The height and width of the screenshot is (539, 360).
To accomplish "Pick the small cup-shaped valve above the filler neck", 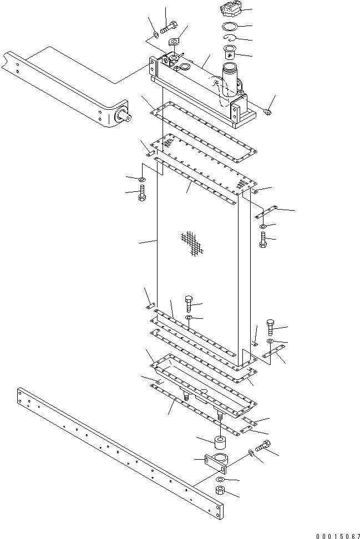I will click(x=230, y=53).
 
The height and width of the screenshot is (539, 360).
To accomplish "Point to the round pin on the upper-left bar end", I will click(x=126, y=118).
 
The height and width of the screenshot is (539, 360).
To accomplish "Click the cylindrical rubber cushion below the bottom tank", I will click(x=217, y=443).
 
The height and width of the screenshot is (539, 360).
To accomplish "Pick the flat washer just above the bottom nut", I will click(x=220, y=479).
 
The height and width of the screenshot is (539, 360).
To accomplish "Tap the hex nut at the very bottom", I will click(x=220, y=491).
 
